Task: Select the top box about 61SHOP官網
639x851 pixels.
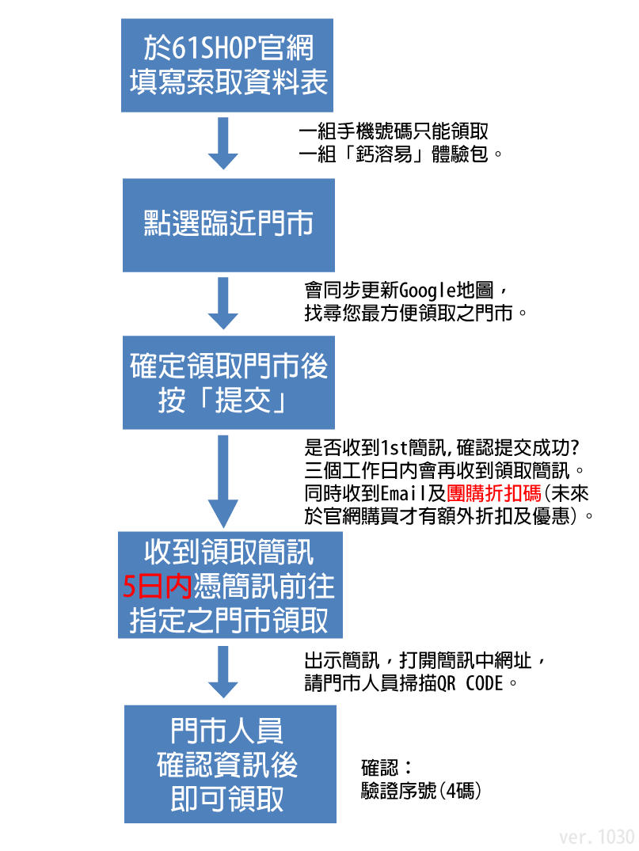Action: coord(228,64)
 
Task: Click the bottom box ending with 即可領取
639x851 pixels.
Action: coord(230,764)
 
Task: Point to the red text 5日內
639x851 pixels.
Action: coord(158,587)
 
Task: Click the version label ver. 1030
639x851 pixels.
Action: coord(597,837)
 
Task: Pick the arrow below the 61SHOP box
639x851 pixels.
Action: coord(223,143)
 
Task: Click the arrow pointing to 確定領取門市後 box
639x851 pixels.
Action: coord(223,303)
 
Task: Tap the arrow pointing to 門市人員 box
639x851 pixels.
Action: coord(223,671)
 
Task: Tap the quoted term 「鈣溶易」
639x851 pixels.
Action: coord(376,154)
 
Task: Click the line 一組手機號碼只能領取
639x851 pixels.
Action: coord(393,131)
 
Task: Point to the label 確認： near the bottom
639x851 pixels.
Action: coord(386,767)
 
